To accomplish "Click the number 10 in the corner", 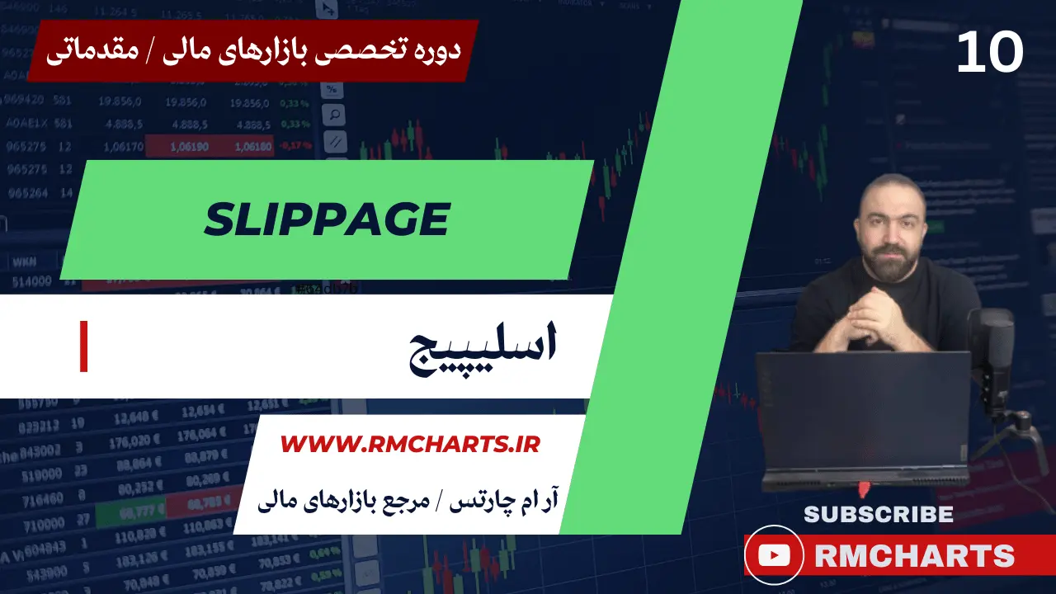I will tap(990, 53).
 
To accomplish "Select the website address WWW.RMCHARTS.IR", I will tap(410, 445).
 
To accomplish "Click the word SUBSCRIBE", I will tap(878, 514).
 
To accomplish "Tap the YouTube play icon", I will tap(773, 555).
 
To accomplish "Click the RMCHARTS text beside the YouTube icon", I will tap(914, 556).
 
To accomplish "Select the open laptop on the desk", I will tap(863, 417).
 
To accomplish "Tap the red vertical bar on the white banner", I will tap(83, 347).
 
